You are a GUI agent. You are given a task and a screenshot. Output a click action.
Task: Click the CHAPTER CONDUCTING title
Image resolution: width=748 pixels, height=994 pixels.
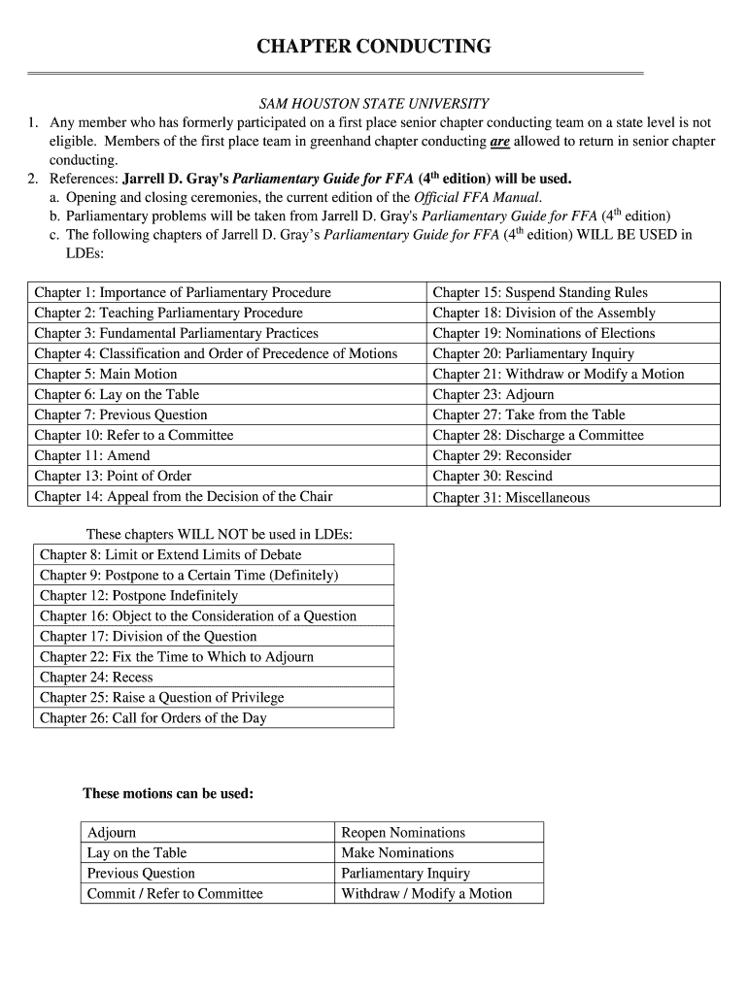(373, 47)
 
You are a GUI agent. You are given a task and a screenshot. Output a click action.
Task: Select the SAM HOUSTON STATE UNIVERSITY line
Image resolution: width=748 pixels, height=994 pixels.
(373, 103)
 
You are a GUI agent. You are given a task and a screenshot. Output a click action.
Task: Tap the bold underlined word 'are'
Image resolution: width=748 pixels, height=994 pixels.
(499, 142)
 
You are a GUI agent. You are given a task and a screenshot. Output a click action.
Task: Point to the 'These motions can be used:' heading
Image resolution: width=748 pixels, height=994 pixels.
(168, 794)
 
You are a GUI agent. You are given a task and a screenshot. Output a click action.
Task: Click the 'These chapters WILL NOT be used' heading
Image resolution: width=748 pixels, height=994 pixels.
(220, 534)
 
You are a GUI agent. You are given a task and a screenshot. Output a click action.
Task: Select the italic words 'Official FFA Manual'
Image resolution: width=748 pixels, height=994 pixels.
(476, 197)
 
